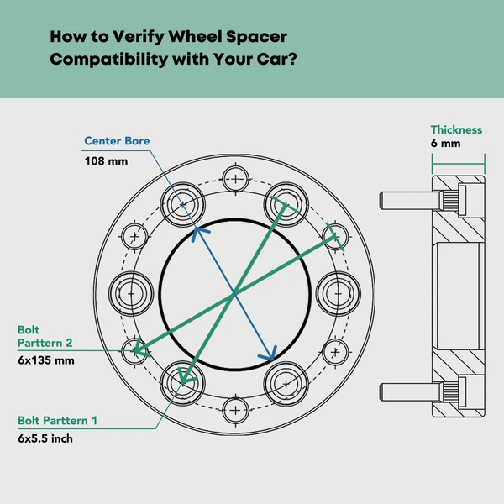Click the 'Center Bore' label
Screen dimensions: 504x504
click(117, 141)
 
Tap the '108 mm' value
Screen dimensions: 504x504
click(106, 160)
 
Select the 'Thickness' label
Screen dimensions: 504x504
click(456, 130)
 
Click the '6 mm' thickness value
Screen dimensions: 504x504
click(446, 144)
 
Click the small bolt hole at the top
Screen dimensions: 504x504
click(236, 178)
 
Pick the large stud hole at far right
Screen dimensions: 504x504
click(339, 293)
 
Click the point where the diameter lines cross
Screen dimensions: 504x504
click(234, 292)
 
